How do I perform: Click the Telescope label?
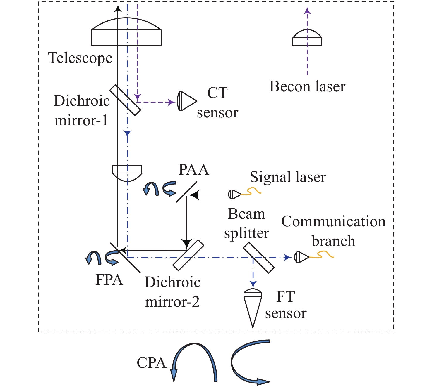click(80, 58)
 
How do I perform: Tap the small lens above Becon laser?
click(307, 38)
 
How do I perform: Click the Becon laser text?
click(307, 87)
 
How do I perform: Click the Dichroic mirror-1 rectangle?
click(125, 100)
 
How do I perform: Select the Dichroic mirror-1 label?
click(82, 110)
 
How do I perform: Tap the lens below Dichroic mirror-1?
click(127, 172)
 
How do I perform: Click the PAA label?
click(194, 170)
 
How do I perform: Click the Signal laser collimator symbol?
click(234, 194)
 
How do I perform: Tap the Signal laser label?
click(288, 177)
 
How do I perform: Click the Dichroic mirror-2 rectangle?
click(188, 255)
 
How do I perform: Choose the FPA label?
click(109, 280)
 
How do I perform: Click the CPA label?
click(151, 363)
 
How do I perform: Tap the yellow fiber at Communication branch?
click(322, 256)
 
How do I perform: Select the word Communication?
click(333, 222)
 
